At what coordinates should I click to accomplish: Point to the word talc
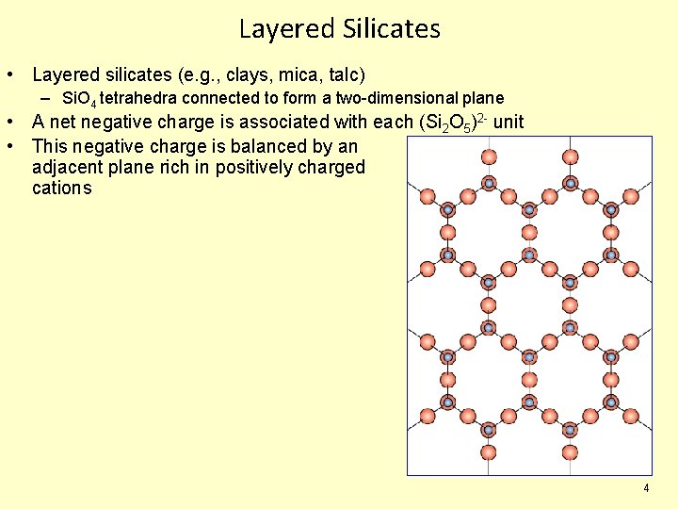click(342, 74)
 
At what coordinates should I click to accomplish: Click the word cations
click(62, 188)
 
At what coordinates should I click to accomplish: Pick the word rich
click(173, 167)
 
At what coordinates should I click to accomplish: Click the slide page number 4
click(646, 488)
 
